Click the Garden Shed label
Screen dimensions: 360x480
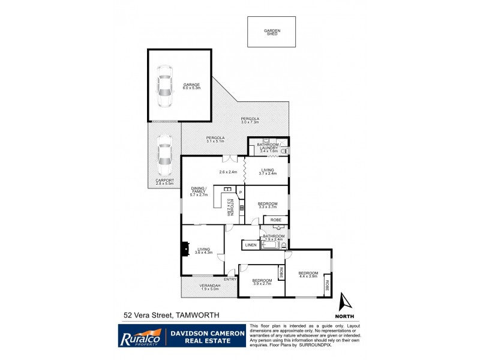(272, 32)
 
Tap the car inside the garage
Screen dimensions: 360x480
(164, 85)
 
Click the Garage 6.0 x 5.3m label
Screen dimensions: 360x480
(192, 86)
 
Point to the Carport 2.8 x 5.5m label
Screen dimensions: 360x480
(164, 182)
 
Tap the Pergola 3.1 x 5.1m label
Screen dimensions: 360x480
(215, 139)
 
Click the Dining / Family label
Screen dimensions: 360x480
(199, 192)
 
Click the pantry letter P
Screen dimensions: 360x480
(240, 192)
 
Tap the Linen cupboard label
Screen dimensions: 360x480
(251, 245)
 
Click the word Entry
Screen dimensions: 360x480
(230, 279)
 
